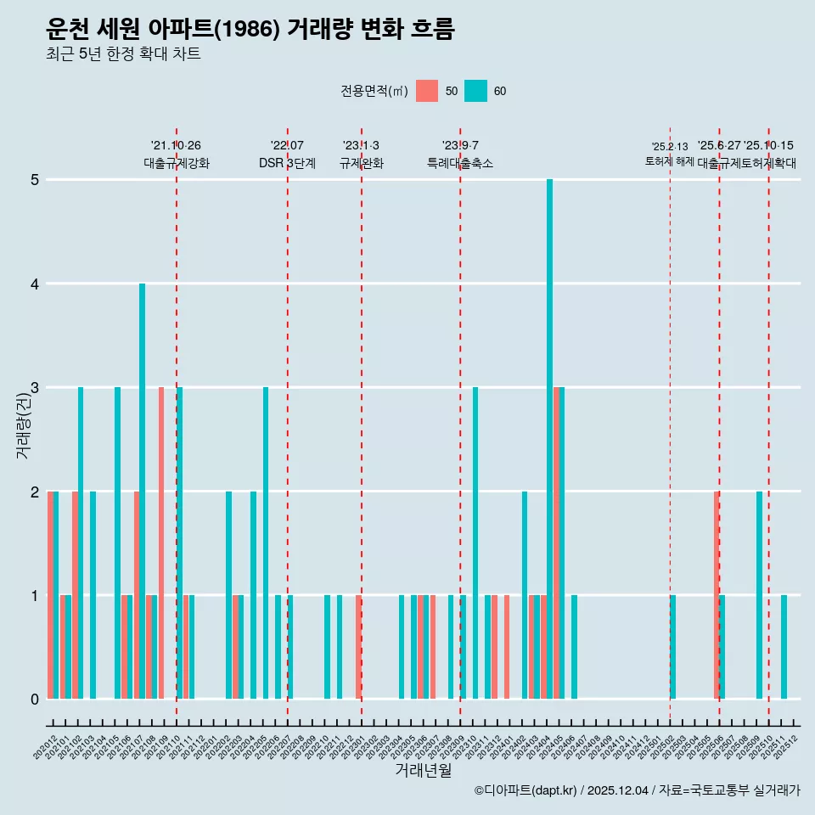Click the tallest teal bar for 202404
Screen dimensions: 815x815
(x=550, y=439)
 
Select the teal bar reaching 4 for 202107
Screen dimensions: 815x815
(x=143, y=491)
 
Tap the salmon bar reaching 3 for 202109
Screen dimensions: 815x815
(x=161, y=543)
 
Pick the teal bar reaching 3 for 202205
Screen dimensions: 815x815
(x=266, y=543)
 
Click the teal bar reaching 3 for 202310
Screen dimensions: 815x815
(x=475, y=543)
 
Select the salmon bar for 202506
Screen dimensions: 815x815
(x=717, y=594)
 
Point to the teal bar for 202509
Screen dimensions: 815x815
(x=759, y=594)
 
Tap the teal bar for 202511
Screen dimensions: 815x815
(x=784, y=647)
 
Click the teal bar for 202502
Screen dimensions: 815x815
(x=672, y=647)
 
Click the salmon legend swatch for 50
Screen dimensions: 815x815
(x=427, y=91)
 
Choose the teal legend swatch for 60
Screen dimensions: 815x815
(x=476, y=91)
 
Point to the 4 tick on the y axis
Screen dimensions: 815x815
(x=35, y=284)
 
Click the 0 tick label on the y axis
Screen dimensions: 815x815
(x=35, y=700)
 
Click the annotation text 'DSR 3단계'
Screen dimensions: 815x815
(x=287, y=163)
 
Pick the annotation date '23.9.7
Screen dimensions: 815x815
(x=460, y=145)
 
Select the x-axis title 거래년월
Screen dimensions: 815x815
(x=423, y=770)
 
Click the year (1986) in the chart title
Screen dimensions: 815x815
(x=248, y=30)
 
